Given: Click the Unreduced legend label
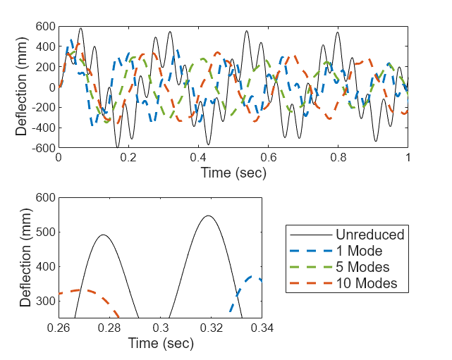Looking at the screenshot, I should [x=369, y=235].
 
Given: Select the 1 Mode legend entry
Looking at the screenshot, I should [x=358, y=251].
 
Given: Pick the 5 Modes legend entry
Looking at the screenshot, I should [x=362, y=267].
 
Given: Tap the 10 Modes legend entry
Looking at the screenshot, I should [x=366, y=283].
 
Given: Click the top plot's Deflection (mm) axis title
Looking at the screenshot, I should [x=22, y=87].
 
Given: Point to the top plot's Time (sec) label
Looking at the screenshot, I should [x=233, y=173].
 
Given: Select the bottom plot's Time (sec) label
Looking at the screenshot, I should [x=161, y=344].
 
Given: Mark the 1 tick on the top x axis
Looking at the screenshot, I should [x=408, y=159].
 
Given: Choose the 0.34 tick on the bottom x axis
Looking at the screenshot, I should [x=262, y=328].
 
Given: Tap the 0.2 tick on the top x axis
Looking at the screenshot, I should [x=128, y=159].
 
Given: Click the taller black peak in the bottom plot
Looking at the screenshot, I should [x=208, y=216].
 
